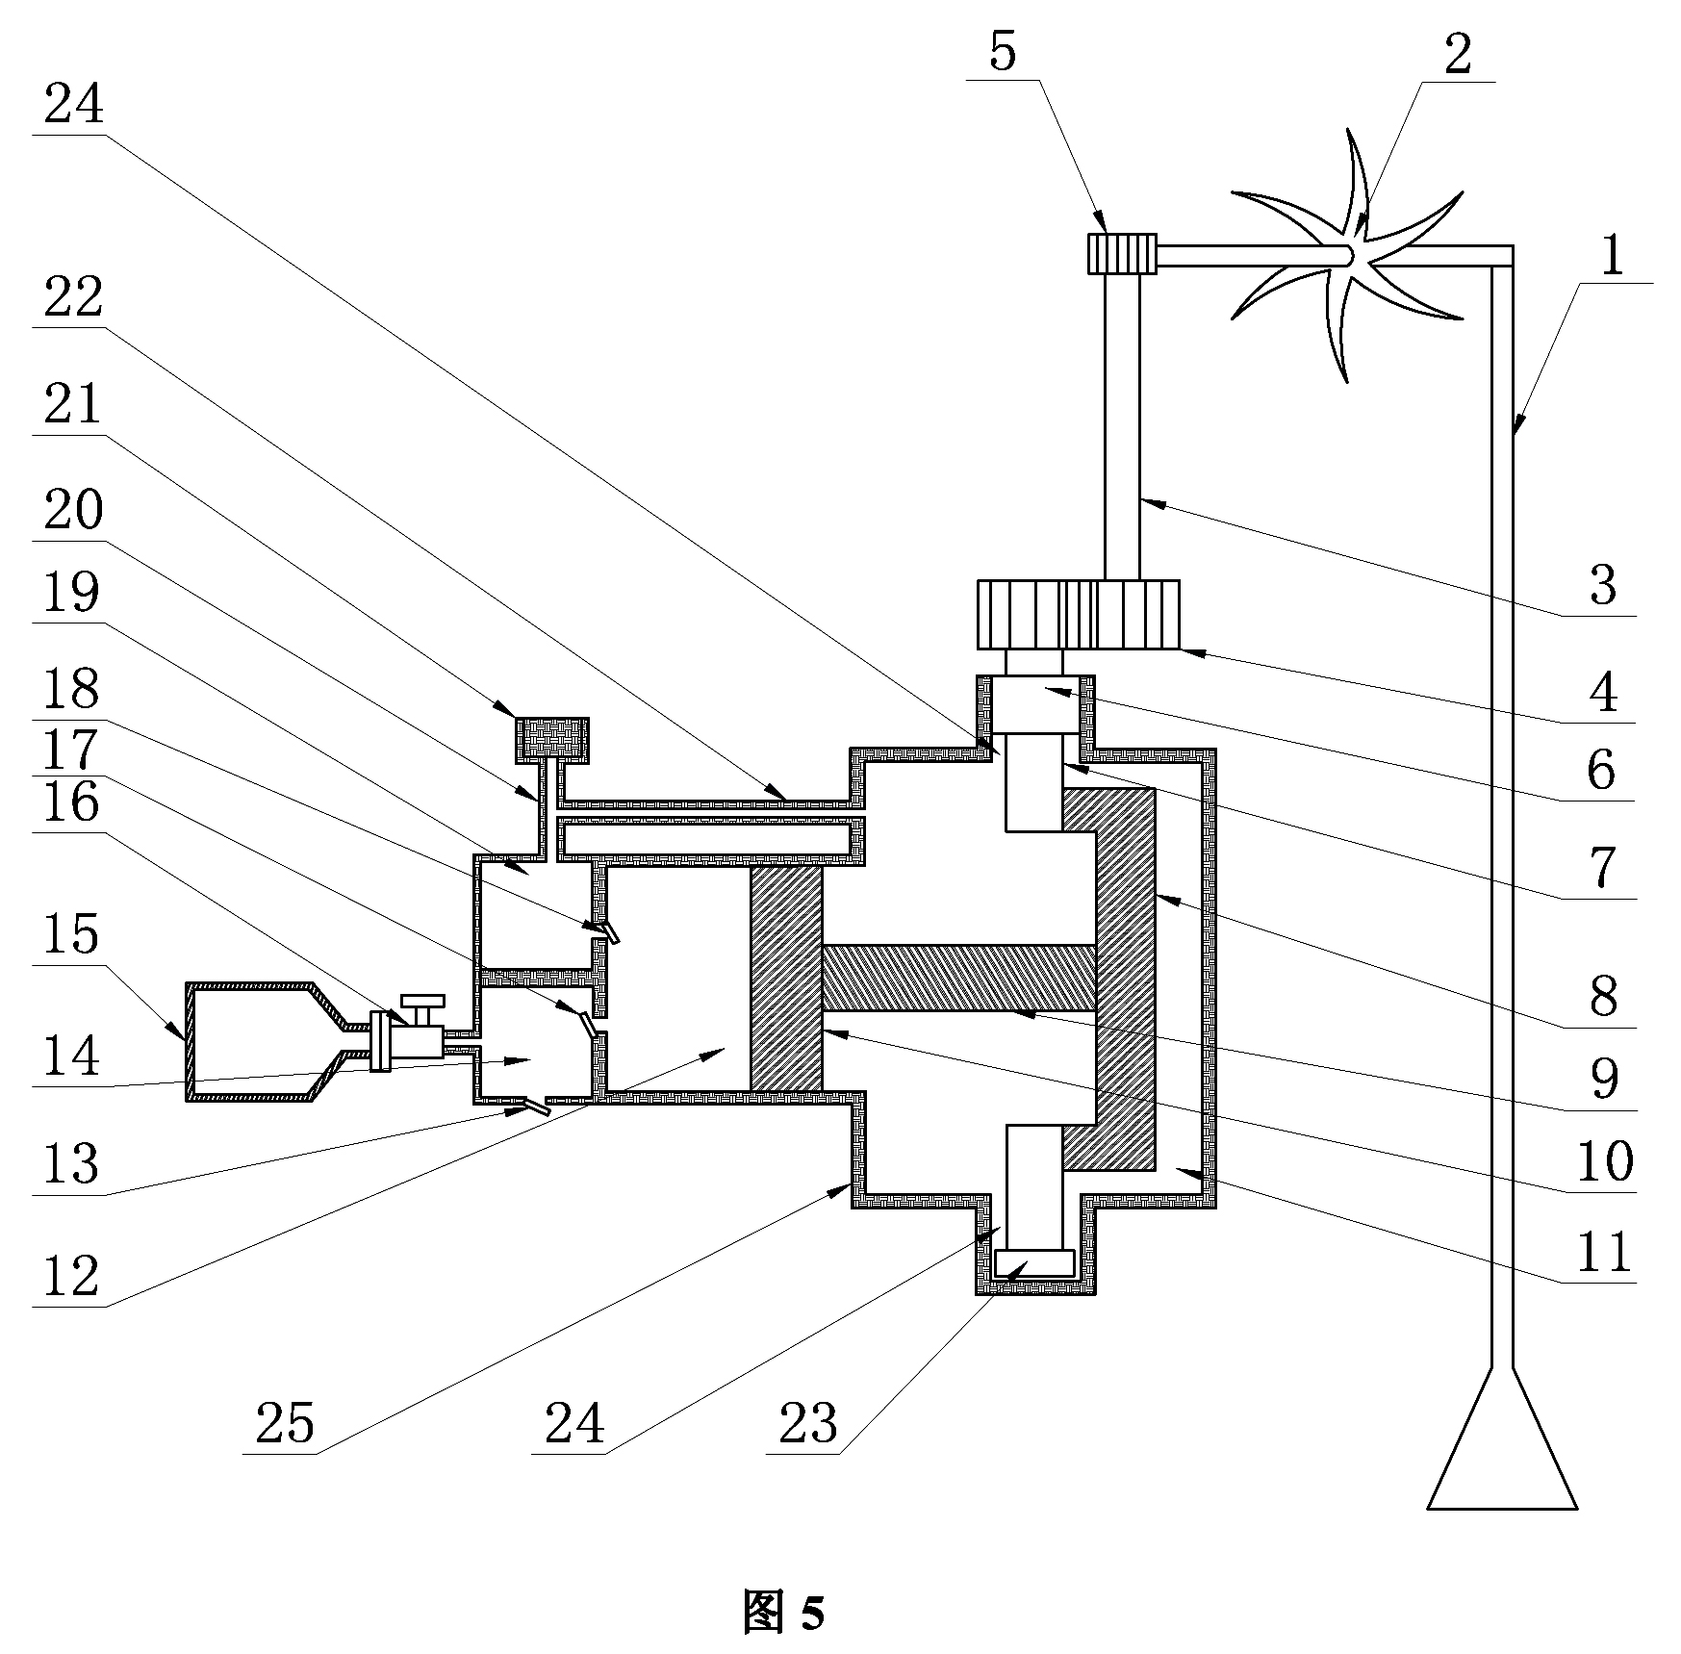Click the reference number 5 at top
1002,54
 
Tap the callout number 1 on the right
1611,255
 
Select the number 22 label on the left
73,298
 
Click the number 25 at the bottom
285,1423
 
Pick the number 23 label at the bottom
807,1423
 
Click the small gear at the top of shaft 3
1121,255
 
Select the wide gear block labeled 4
1078,614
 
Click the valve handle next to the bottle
422,1006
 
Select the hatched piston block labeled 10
786,978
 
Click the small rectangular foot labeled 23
1034,1262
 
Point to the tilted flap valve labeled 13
531,1105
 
